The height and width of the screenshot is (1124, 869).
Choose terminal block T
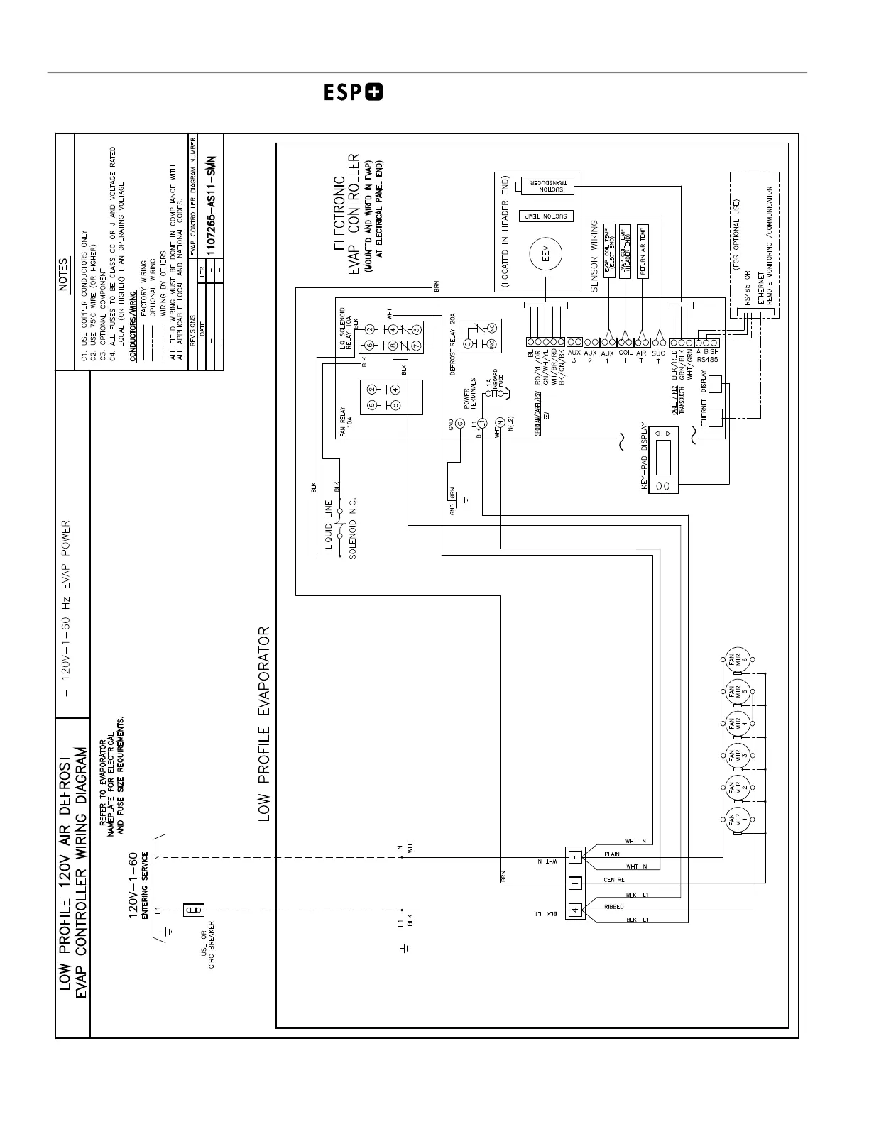point(574,883)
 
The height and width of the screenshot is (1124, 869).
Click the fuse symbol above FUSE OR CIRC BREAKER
point(194,910)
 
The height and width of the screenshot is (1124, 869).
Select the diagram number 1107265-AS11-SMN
point(211,208)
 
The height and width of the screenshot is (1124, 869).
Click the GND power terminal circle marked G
point(459,424)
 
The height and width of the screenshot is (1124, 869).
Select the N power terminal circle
point(499,424)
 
